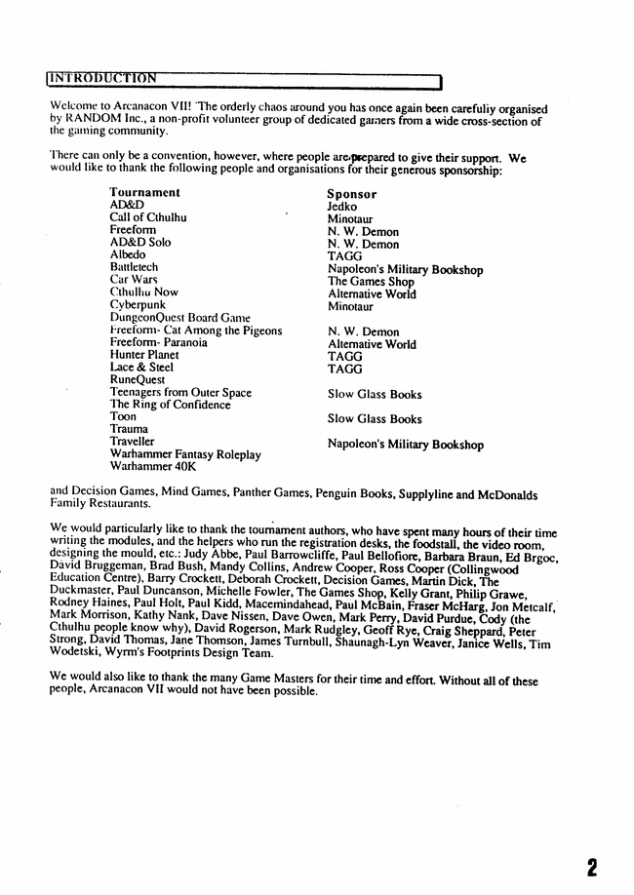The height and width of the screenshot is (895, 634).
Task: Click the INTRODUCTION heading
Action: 102,78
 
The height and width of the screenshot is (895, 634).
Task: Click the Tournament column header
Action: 144,193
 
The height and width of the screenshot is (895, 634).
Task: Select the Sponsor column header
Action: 351,194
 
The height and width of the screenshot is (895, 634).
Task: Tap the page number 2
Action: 592,867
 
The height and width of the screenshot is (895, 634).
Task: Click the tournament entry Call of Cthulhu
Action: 147,217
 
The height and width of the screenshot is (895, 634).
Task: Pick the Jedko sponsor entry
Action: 342,207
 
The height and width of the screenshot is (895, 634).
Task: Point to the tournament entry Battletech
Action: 134,267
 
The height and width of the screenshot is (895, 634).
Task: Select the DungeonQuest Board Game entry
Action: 179,318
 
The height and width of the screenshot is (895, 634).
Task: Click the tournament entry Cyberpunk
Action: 138,305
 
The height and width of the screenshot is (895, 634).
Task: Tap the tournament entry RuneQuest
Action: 137,380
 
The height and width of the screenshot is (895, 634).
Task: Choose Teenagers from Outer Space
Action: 180,393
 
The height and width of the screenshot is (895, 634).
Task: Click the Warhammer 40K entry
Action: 153,467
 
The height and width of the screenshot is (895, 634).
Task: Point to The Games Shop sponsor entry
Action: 371,282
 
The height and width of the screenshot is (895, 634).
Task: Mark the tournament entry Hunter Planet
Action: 144,356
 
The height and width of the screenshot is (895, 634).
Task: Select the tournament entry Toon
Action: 123,417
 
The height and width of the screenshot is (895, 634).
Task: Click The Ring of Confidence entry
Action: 170,405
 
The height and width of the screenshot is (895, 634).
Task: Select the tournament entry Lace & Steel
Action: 141,368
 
